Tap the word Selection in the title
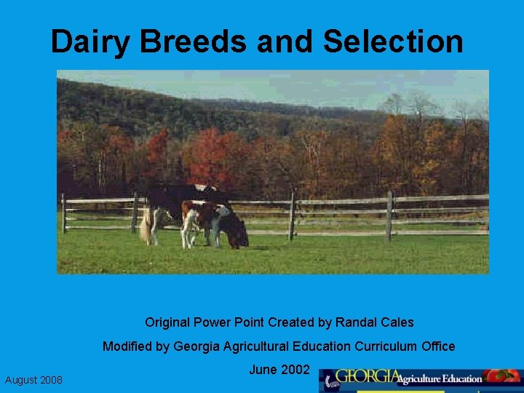pyautogui.click(x=393, y=41)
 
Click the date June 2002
pyautogui.click(x=279, y=370)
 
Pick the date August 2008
pyautogui.click(x=33, y=380)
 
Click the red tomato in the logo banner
pyautogui.click(x=501, y=376)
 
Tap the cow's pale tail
pyautogui.click(x=146, y=229)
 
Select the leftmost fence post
pyautogui.click(x=64, y=213)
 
